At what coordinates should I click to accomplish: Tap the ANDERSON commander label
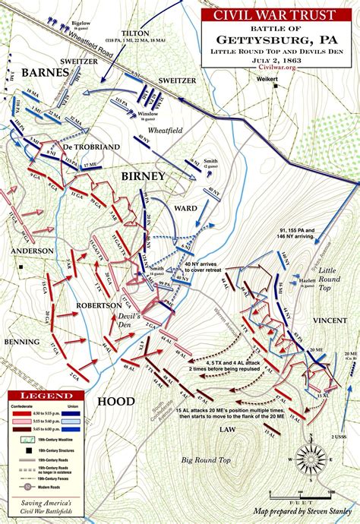tap(31, 251)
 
